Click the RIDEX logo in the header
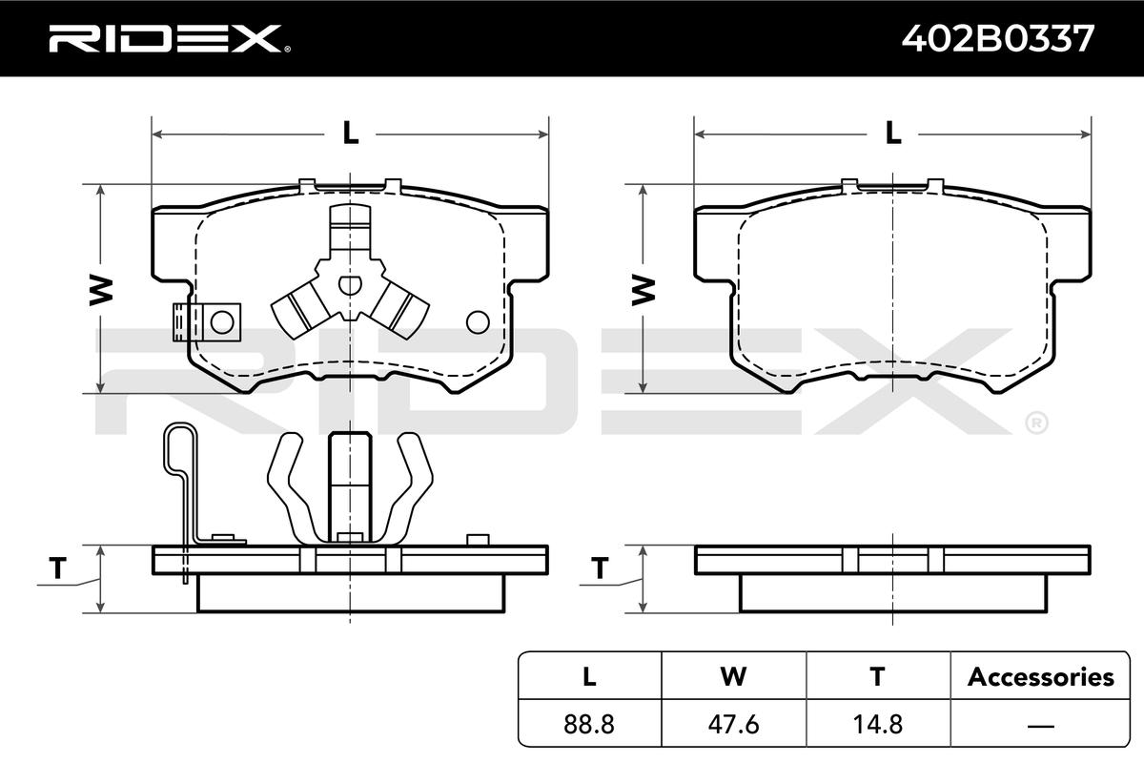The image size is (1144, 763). (170, 38)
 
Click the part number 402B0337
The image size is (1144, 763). (998, 38)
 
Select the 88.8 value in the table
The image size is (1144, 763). (589, 724)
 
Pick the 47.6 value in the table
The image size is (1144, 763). (733, 724)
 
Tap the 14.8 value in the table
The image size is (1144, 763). (878, 724)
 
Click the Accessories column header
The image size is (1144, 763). (1040, 677)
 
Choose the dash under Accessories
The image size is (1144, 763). (1040, 725)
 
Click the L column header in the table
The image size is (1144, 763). (589, 676)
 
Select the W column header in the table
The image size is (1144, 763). (733, 676)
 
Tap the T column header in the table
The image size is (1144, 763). (877, 676)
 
